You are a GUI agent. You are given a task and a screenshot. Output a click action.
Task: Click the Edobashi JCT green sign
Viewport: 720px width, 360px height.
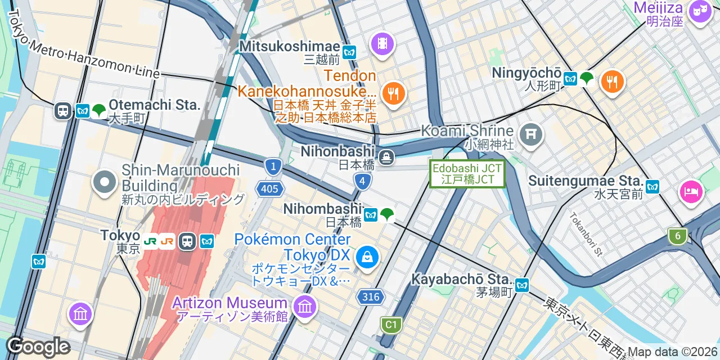click(x=467, y=174)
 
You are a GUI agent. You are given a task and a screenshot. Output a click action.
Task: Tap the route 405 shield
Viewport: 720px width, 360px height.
click(x=269, y=189)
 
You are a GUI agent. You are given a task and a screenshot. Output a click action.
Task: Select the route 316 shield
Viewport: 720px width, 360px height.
click(x=371, y=296)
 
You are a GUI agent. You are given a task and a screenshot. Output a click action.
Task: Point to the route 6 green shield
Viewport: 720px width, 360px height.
click(x=678, y=236)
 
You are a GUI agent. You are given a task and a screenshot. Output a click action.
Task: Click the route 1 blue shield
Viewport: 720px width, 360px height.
click(x=273, y=166)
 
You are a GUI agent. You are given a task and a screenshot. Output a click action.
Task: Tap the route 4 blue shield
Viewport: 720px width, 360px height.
click(x=363, y=181)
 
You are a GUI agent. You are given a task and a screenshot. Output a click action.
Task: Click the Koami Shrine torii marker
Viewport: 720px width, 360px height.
click(x=531, y=134)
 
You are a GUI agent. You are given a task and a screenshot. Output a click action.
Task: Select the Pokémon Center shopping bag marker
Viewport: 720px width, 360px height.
click(x=367, y=257)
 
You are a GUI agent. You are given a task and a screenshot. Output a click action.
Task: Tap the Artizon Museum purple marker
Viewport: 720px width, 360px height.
click(x=305, y=307)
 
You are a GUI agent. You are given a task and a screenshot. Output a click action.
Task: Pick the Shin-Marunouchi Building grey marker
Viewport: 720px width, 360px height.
click(x=105, y=182)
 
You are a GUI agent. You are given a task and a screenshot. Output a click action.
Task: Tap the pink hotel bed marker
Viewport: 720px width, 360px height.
click(x=691, y=192)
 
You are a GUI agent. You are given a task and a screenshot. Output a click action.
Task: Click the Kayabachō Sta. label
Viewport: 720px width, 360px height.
click(x=460, y=279)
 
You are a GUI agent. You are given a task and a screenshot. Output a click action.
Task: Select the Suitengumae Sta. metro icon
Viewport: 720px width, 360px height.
click(x=652, y=187)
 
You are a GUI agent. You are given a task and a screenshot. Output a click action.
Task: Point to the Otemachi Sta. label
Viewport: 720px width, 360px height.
click(x=154, y=105)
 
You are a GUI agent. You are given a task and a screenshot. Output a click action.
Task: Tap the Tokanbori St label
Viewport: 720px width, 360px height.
click(x=585, y=233)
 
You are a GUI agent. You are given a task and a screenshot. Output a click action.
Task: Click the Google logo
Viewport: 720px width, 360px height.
click(x=38, y=346)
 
